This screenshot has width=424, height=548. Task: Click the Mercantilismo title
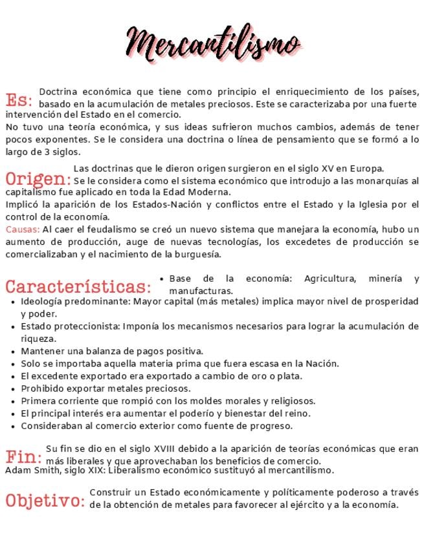[214, 43]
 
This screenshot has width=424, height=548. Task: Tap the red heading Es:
[19, 101]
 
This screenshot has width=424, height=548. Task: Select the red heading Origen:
[38, 178]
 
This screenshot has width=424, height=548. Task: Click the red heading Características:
[78, 286]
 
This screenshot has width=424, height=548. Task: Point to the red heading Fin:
[24, 456]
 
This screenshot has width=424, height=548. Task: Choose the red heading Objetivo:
[45, 500]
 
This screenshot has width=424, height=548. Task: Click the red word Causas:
[23, 229]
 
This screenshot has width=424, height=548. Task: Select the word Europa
[367, 169]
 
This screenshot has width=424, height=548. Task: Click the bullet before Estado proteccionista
[14, 326]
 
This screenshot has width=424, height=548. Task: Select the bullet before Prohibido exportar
[14, 389]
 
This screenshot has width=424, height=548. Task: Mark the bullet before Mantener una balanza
[14, 352]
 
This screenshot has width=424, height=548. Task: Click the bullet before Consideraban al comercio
[14, 427]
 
